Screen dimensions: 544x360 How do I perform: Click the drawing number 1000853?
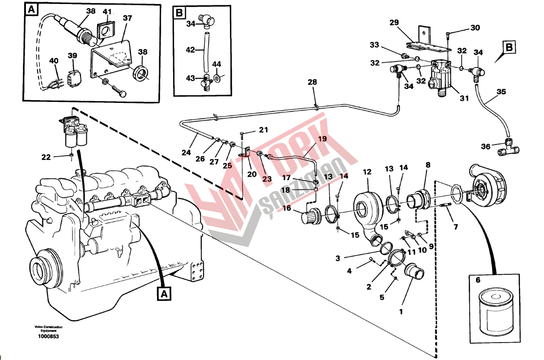pyautogui.click(x=48, y=336)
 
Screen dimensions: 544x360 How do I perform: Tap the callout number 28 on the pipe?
pyautogui.click(x=312, y=82)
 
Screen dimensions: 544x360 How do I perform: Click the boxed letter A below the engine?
pyautogui.click(x=164, y=294)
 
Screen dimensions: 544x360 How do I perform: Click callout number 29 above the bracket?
pyautogui.click(x=394, y=22)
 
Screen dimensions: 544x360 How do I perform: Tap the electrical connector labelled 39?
pyautogui.click(x=74, y=78)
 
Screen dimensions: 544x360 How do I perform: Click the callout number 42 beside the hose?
pyautogui.click(x=191, y=50)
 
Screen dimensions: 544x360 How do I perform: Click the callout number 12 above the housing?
pyautogui.click(x=367, y=172)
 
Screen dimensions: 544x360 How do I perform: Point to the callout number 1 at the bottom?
pyautogui.click(x=401, y=311)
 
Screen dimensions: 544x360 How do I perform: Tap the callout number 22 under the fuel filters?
pyautogui.click(x=46, y=157)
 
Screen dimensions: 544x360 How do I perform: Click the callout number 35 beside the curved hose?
pyautogui.click(x=501, y=92)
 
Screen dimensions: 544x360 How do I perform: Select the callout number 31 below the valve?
pyautogui.click(x=464, y=98)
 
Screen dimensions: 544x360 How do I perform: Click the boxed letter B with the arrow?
pyautogui.click(x=509, y=47)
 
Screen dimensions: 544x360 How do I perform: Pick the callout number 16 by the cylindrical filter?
pyautogui.click(x=287, y=208)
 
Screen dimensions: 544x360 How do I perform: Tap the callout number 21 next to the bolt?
pyautogui.click(x=263, y=130)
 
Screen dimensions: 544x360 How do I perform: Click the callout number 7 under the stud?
pyautogui.click(x=455, y=227)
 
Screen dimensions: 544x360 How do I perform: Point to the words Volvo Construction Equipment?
pyautogui.click(x=48, y=329)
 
